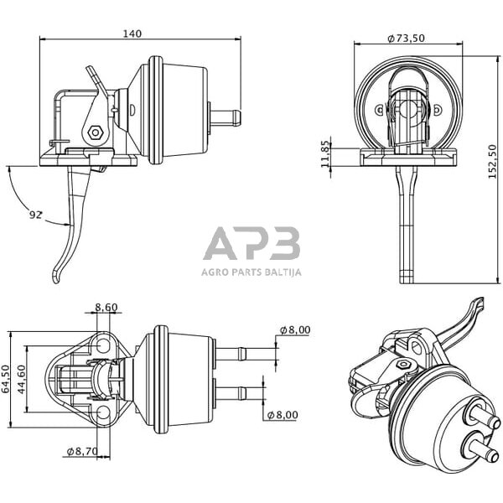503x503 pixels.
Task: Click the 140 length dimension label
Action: (132, 34)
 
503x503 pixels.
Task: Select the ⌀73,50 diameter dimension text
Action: (406, 39)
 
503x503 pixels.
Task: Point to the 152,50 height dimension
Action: (492, 161)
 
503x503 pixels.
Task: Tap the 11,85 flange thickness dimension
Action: (325, 153)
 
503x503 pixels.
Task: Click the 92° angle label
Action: (35, 215)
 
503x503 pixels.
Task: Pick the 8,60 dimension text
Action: (106, 308)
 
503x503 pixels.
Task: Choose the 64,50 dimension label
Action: (6, 379)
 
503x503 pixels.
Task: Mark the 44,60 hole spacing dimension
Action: (21, 380)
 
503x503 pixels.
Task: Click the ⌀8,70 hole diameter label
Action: (82, 451)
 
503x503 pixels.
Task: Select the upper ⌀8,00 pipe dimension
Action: (295, 329)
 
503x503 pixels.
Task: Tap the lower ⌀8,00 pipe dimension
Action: (283, 415)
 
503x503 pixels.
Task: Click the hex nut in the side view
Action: (95, 132)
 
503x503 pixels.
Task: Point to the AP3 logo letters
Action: (251, 243)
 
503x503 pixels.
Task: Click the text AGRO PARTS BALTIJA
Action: (251, 272)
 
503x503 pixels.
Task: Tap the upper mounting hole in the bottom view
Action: (103, 345)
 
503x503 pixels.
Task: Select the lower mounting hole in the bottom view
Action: (103, 412)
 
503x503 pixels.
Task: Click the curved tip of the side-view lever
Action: (56, 277)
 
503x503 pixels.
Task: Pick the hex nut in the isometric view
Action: (404, 365)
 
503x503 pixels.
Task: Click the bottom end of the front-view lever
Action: (407, 282)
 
